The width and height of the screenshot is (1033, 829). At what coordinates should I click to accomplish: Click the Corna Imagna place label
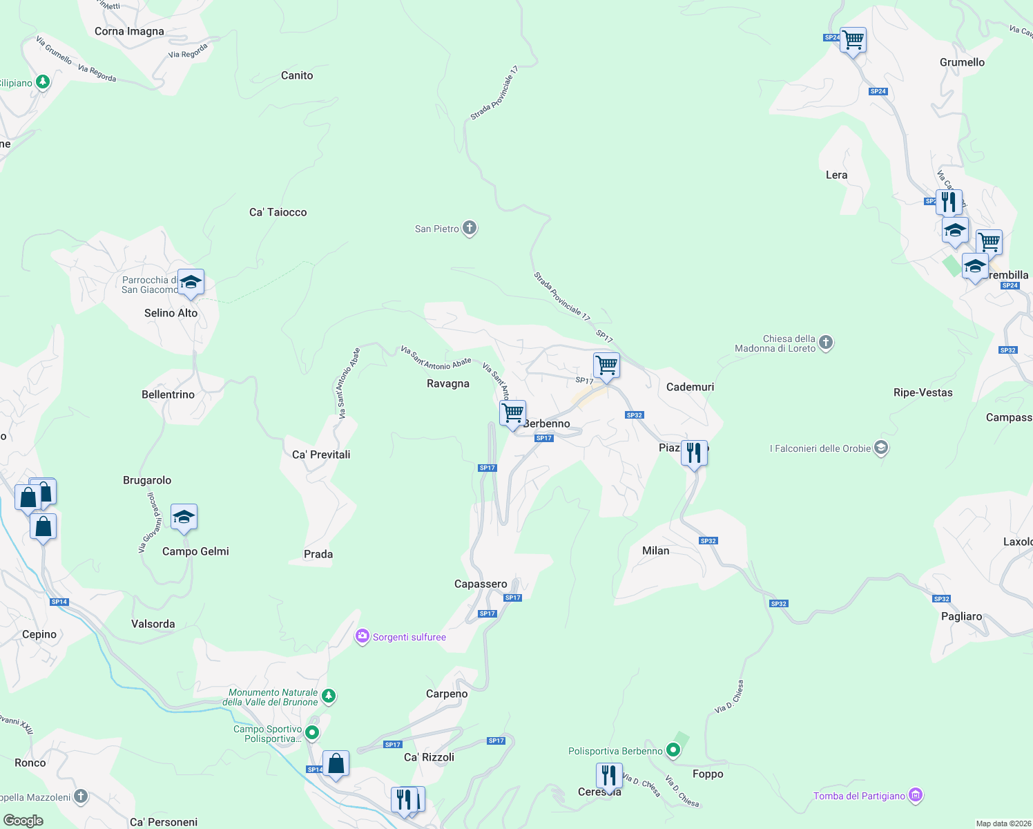tap(129, 31)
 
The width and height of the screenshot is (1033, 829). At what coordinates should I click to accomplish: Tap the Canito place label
tap(297, 75)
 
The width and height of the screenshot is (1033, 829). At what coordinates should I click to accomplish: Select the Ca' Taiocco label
tap(278, 212)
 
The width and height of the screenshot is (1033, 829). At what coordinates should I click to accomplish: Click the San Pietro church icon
tap(470, 228)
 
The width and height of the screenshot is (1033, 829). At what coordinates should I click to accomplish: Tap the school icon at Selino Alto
tap(191, 283)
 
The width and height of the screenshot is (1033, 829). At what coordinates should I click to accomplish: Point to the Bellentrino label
tap(168, 394)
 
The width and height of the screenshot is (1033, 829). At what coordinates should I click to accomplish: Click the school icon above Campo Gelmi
tap(184, 517)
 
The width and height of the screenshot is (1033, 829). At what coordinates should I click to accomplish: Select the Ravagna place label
tap(448, 383)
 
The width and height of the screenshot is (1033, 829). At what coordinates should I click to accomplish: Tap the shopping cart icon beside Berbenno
tap(512, 414)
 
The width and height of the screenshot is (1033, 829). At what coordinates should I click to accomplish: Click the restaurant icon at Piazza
tap(694, 454)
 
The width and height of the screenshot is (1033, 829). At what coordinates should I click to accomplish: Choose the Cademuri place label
tap(690, 387)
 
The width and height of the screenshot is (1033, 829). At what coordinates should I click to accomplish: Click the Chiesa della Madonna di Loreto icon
tap(826, 342)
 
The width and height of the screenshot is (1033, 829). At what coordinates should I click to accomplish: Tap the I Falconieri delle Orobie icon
tap(880, 448)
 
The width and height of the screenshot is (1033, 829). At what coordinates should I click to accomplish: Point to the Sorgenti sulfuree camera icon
tap(363, 636)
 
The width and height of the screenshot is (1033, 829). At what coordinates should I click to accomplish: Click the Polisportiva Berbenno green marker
tap(673, 750)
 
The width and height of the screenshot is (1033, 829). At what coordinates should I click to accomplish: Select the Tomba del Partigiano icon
tap(916, 795)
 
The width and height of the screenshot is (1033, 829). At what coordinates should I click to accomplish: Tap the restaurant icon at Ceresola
tap(608, 776)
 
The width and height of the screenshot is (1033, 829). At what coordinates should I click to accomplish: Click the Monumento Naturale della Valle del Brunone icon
tap(329, 696)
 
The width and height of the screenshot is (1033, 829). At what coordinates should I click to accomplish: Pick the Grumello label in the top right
tap(962, 62)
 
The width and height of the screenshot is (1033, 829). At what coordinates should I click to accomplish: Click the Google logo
tap(23, 821)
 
